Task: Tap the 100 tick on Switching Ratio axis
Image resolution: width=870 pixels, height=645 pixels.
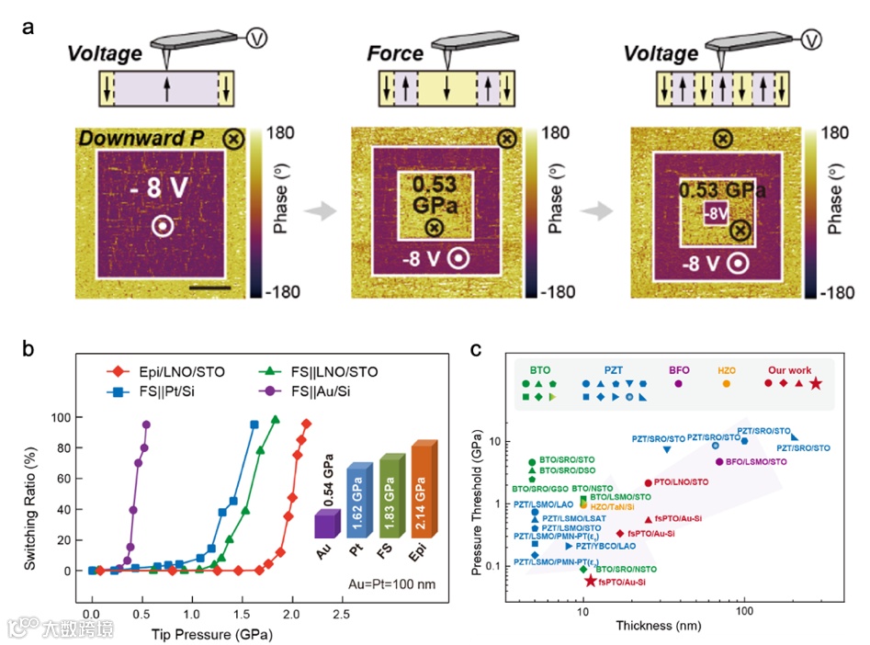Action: coord(63,417)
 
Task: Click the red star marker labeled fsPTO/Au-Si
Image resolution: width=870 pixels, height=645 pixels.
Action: coord(591,581)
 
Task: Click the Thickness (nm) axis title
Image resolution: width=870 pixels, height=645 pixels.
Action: coord(661,627)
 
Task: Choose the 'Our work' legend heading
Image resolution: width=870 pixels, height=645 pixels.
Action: coord(790,369)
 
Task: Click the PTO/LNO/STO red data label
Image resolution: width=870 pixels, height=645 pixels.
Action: coord(682,481)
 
